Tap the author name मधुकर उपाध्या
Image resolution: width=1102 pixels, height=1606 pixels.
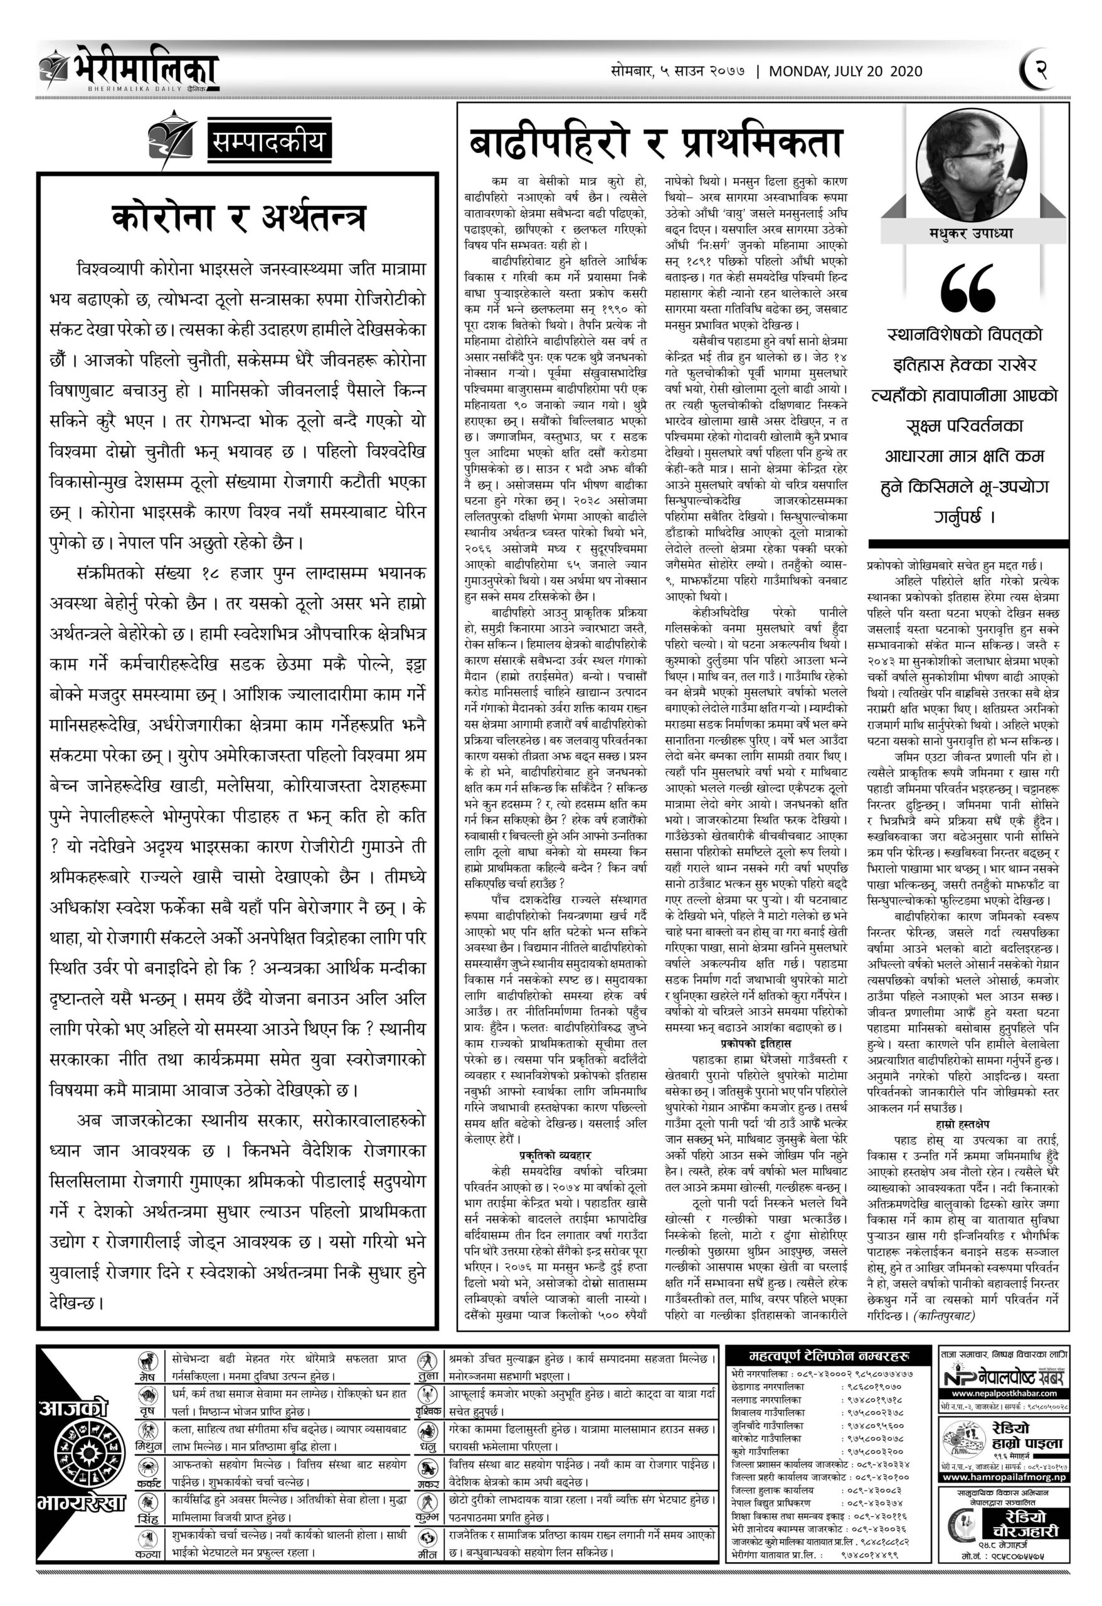click(x=970, y=233)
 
